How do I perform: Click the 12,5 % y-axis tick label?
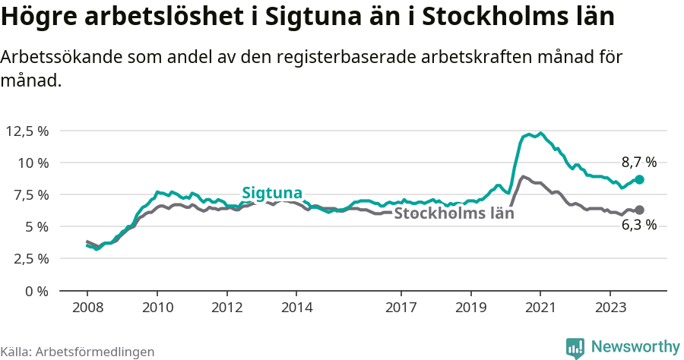(27, 131)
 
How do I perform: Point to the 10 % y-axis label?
(33, 163)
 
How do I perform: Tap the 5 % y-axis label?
(36, 226)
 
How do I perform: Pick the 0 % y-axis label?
(36, 290)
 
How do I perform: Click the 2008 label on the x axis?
(87, 308)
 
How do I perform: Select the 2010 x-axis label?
(157, 308)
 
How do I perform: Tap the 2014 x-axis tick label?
(296, 308)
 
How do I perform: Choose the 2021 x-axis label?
(540, 308)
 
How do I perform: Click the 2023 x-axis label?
(610, 308)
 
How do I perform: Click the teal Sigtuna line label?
(272, 193)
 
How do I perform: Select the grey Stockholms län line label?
(454, 213)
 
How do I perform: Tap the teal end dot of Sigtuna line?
(640, 179)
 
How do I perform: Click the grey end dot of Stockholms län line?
(640, 210)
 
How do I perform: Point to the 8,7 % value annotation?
(638, 162)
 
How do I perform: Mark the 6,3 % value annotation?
(638, 226)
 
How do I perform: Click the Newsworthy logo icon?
(575, 347)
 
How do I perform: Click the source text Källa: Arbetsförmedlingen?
(78, 352)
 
